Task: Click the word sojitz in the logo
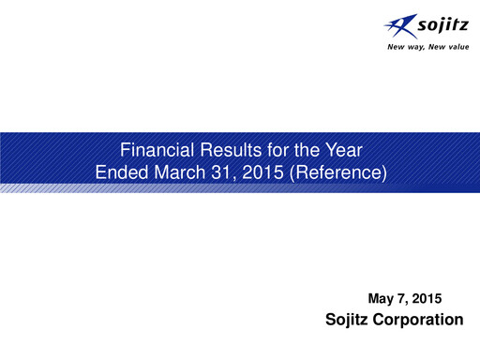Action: click(439, 25)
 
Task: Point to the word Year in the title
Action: click(337, 149)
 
